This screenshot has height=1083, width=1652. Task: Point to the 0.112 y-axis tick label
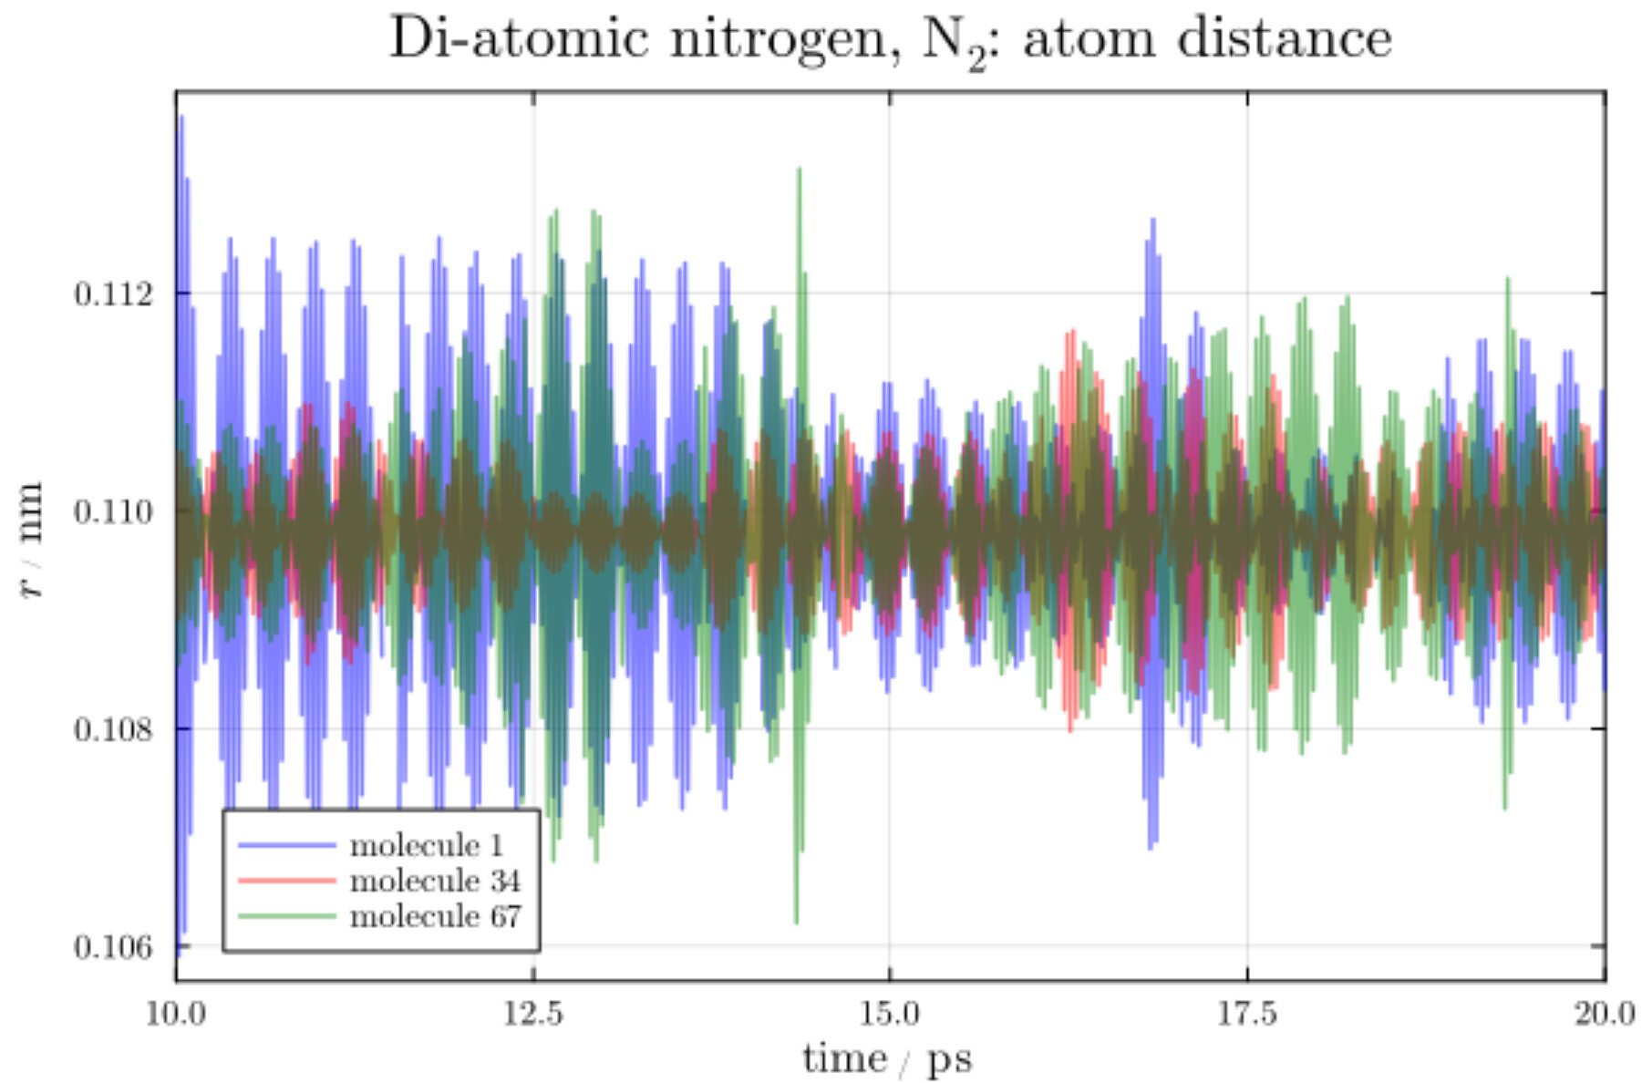[114, 294]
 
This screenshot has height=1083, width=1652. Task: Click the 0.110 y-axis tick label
[114, 512]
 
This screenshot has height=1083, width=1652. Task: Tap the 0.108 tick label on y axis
[114, 729]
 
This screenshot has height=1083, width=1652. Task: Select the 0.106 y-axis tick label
[114, 947]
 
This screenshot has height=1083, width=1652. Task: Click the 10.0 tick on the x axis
[176, 1013]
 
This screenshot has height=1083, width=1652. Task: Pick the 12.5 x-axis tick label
[534, 1013]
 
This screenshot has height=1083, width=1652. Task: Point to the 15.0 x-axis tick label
[891, 1013]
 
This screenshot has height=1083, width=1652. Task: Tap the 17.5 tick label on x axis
[1248, 1013]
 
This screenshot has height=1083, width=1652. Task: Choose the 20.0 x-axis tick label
[1605, 1013]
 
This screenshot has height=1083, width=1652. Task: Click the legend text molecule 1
[427, 845]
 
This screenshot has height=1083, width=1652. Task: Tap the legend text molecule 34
[435, 881]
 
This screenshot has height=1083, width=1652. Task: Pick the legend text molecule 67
[435, 915]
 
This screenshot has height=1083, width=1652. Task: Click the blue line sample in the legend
[287, 845]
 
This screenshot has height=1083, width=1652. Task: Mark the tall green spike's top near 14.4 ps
[800, 170]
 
